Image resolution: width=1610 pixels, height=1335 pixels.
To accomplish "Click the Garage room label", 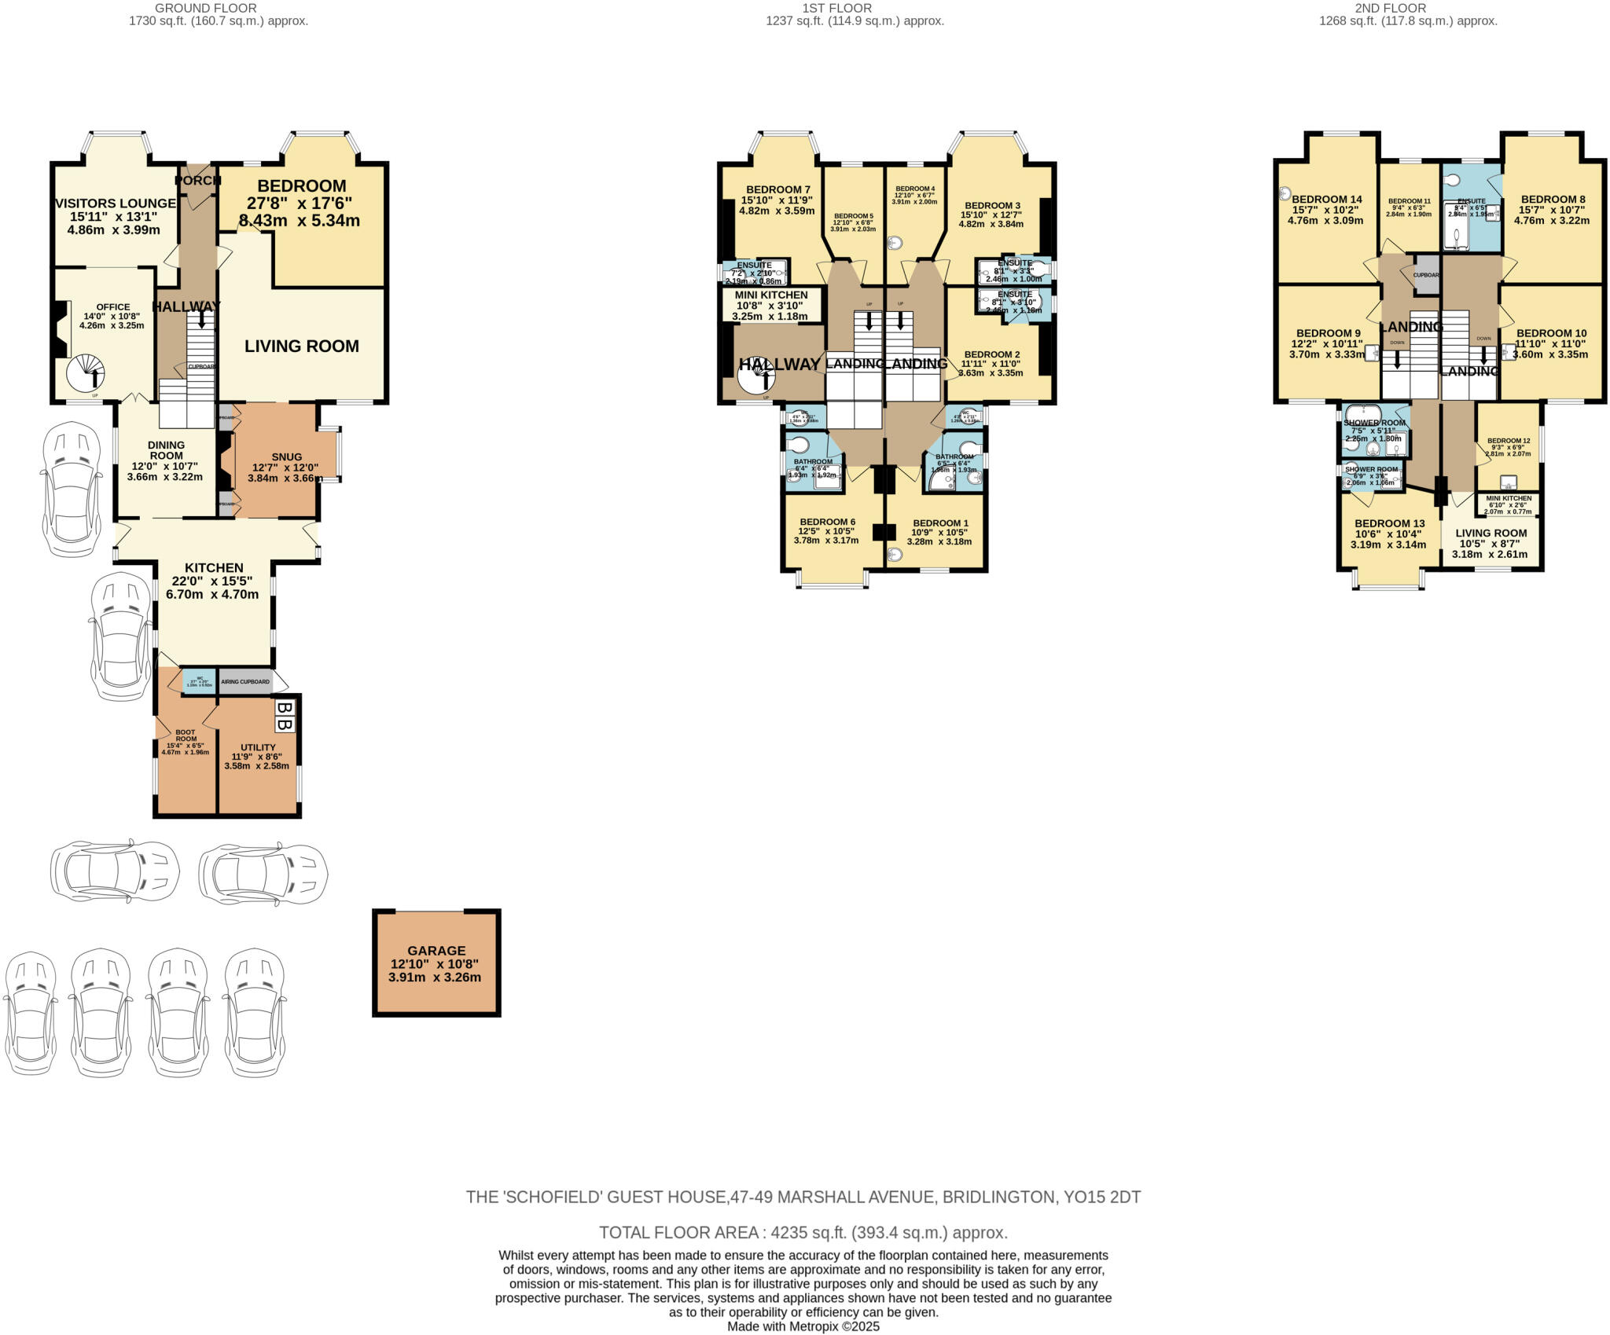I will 436,950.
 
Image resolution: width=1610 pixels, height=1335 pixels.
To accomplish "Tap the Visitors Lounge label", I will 115,204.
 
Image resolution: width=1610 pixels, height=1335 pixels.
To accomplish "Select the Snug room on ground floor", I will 286,457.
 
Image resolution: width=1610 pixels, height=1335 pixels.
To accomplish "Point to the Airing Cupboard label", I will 245,682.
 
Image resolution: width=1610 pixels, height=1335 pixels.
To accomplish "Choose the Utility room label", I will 258,747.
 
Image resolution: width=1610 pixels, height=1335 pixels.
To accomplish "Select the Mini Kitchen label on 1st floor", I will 770,295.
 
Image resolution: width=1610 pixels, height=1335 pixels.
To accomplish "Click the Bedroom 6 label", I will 827,522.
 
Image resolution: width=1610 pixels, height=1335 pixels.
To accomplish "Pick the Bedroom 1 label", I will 940,523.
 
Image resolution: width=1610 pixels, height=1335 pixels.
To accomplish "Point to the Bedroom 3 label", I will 991,206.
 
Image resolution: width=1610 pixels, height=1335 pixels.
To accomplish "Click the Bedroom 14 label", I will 1326,200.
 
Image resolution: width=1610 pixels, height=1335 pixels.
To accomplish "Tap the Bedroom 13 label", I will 1389,523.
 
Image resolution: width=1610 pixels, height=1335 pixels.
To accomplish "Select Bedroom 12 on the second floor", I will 1508,441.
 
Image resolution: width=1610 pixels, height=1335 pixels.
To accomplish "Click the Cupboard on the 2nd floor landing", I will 1426,275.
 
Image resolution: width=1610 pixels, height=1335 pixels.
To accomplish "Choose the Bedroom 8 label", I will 1552,200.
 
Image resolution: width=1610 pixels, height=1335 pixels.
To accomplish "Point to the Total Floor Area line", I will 803,1232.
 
